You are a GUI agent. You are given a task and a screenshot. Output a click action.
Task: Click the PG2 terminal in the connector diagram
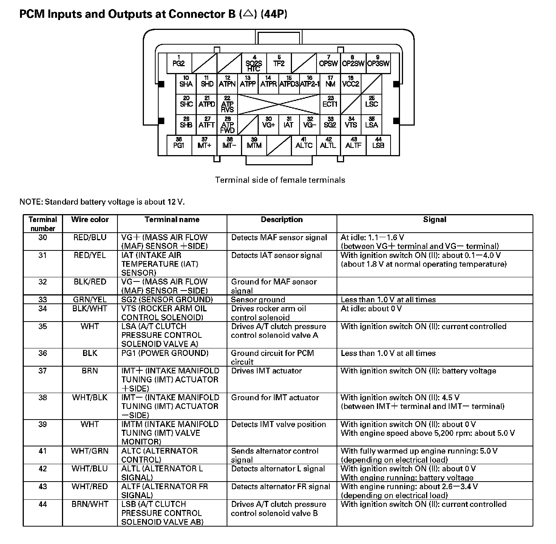click(179, 63)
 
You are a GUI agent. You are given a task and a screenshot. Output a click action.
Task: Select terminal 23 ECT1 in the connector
click(330, 104)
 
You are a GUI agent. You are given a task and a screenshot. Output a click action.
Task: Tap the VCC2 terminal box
click(351, 84)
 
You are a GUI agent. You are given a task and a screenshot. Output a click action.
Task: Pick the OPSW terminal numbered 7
click(328, 63)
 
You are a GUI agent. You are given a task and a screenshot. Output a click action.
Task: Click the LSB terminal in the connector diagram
click(378, 145)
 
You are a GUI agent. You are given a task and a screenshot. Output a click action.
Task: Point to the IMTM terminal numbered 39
click(254, 145)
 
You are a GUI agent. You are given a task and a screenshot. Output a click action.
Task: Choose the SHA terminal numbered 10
click(186, 84)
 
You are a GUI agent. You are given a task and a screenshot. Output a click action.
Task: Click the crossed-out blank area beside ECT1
click(279, 104)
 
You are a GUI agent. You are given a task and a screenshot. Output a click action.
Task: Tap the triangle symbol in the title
click(248, 14)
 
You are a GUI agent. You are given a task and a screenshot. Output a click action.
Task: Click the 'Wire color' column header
click(90, 220)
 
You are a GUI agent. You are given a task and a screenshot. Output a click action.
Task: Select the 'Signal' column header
click(434, 220)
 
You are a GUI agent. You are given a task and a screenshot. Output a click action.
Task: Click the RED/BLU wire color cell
click(90, 238)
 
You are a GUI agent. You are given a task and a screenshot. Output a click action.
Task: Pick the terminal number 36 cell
click(43, 353)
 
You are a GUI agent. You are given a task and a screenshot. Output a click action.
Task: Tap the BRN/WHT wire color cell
click(90, 504)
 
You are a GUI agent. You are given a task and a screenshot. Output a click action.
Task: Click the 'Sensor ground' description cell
click(258, 300)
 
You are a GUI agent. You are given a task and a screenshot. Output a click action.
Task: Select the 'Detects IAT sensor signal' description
click(276, 256)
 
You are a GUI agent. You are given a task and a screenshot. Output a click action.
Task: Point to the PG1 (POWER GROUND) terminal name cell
click(165, 353)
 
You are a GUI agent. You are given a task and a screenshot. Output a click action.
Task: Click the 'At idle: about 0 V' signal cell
click(371, 309)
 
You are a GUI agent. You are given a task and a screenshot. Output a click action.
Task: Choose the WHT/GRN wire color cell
click(90, 451)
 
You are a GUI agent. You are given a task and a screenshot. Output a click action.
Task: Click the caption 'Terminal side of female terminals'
click(280, 180)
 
